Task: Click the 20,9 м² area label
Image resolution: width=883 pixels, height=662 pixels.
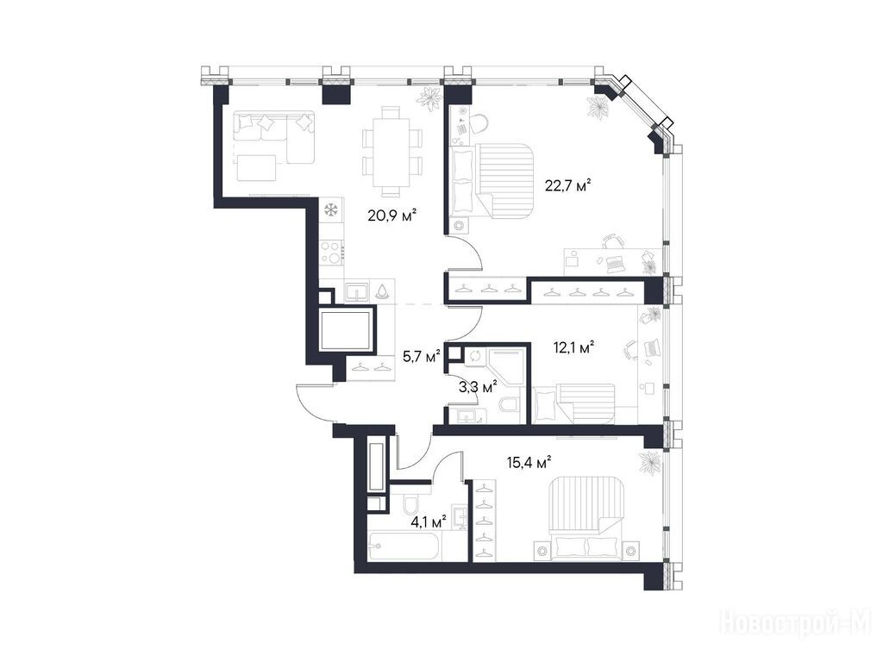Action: pyautogui.click(x=392, y=215)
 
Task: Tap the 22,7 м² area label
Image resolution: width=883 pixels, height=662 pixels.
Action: pyautogui.click(x=567, y=184)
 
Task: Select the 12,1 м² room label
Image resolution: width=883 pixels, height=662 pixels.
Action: pyautogui.click(x=574, y=347)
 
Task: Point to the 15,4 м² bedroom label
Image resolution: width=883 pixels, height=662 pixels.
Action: pyautogui.click(x=529, y=463)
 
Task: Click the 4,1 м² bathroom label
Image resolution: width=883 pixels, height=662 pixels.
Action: pyautogui.click(x=429, y=521)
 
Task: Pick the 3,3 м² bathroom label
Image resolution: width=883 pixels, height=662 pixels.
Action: pyautogui.click(x=479, y=387)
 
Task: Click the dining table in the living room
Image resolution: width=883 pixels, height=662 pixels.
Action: pyautogui.click(x=392, y=152)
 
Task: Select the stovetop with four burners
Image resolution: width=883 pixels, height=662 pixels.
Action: pyautogui.click(x=332, y=253)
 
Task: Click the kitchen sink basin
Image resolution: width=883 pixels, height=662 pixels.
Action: pyautogui.click(x=356, y=291)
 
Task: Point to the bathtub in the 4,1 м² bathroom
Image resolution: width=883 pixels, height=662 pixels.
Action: pyautogui.click(x=404, y=546)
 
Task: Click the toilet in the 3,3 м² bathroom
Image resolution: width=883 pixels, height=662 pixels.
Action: pyautogui.click(x=510, y=404)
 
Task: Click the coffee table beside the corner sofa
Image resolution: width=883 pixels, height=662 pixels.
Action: pyautogui.click(x=256, y=168)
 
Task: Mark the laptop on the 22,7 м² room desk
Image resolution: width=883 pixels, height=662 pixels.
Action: pyautogui.click(x=614, y=262)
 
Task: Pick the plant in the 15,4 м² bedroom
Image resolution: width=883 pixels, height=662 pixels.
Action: pyautogui.click(x=649, y=463)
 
